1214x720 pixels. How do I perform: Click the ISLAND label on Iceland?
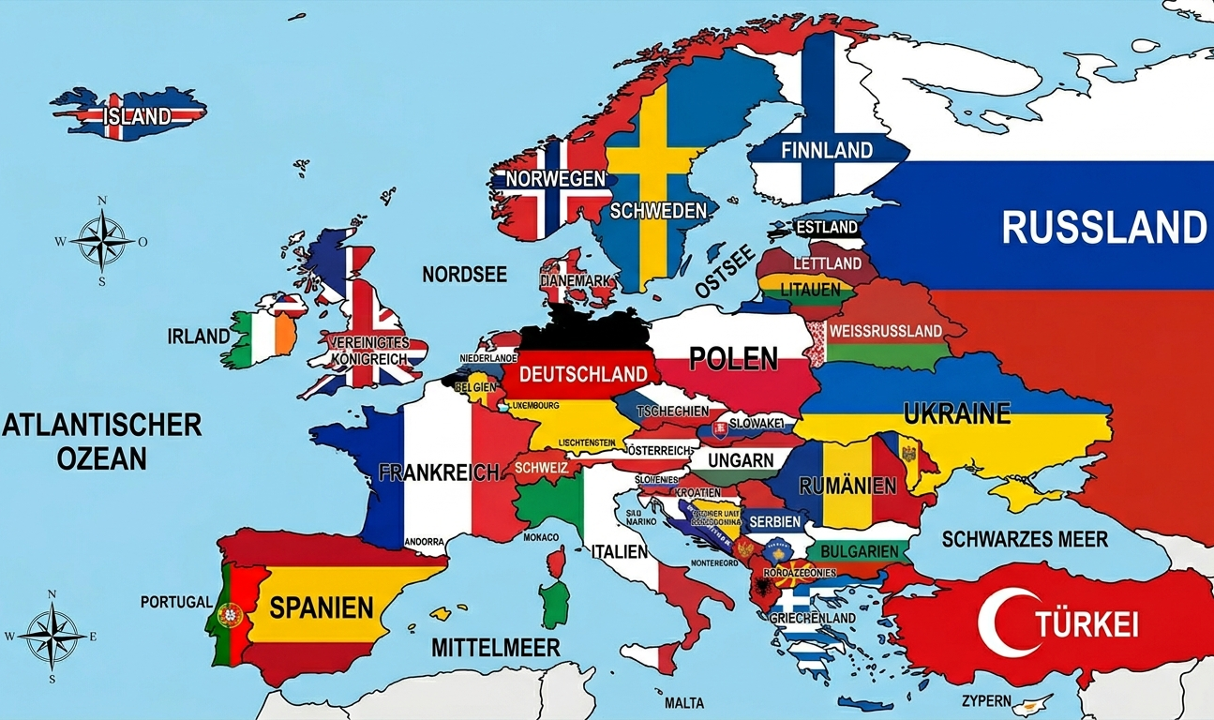click(x=138, y=116)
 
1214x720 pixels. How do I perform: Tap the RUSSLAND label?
click(x=1103, y=227)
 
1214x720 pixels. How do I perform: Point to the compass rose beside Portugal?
click(x=52, y=636)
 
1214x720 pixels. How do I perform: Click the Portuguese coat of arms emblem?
click(x=229, y=616)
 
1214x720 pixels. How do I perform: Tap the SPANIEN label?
click(x=322, y=607)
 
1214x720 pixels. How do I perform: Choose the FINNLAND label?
click(x=826, y=150)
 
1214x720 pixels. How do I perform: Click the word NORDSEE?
click(x=464, y=275)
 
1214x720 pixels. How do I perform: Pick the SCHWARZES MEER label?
click(x=1025, y=539)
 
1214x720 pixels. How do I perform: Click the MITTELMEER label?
click(x=495, y=647)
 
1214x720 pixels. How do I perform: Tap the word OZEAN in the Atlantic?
click(x=101, y=458)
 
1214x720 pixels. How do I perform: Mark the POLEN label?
click(x=733, y=358)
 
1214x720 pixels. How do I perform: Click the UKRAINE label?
click(x=956, y=412)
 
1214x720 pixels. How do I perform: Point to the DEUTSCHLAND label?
click(x=583, y=374)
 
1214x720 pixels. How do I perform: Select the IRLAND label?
click(x=198, y=336)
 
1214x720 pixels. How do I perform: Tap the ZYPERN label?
click(x=986, y=701)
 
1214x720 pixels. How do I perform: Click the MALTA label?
click(x=683, y=703)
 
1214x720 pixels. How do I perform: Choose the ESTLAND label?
click(x=826, y=227)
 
